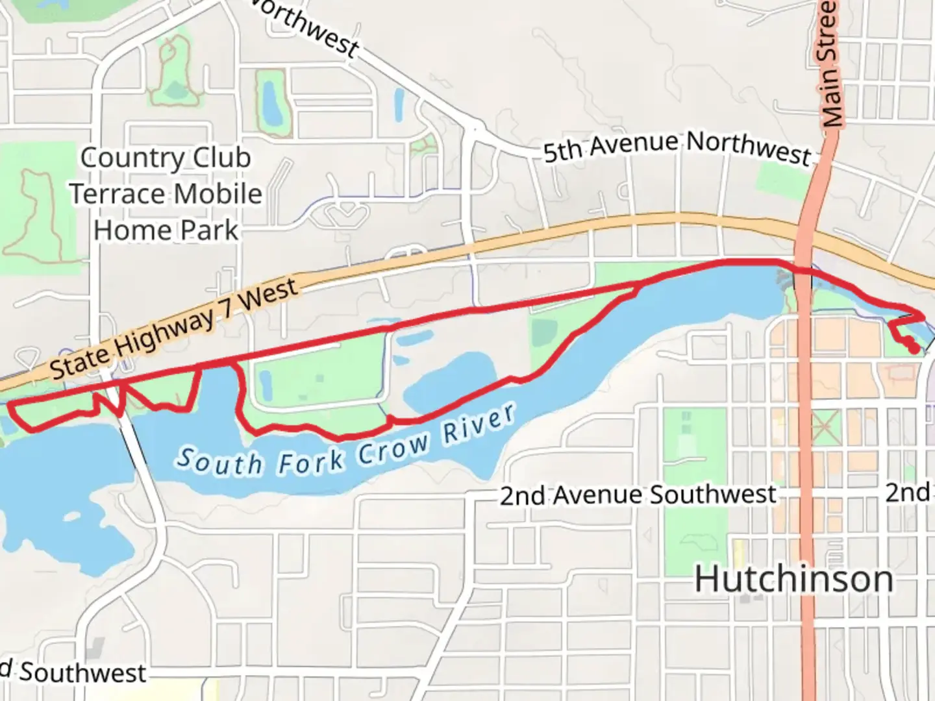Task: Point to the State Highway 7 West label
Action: coord(174,329)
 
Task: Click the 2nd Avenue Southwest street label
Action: coord(638,495)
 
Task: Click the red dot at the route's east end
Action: coord(914,349)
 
